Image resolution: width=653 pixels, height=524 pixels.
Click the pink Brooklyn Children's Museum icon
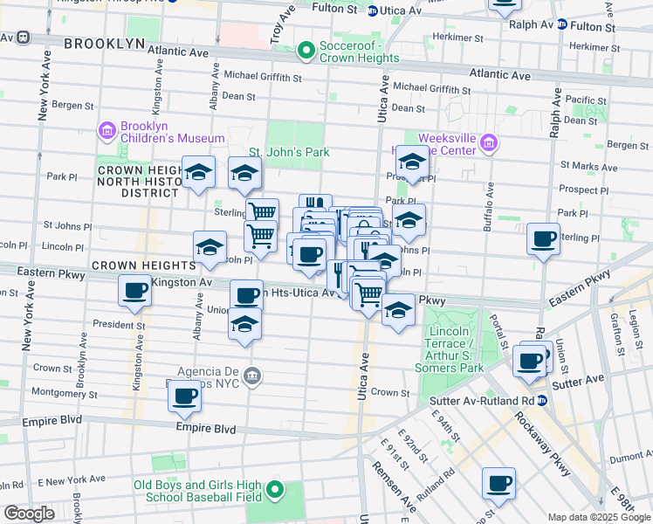[x=107, y=131]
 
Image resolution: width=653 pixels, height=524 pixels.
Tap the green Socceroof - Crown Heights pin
[x=306, y=52]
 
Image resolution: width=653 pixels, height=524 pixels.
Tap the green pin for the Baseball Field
[x=276, y=490]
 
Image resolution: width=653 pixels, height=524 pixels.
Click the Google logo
[x=29, y=514]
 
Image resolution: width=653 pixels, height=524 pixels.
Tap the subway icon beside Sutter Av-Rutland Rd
[x=542, y=401]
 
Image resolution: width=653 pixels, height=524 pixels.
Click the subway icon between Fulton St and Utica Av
[x=373, y=10]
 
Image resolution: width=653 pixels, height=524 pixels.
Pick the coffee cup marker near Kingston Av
[x=134, y=291]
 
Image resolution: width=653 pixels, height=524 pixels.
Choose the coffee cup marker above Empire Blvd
[x=184, y=397]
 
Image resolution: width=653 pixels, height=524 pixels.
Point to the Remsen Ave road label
[x=408, y=492]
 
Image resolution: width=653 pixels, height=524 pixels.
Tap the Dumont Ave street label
[x=630, y=455]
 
